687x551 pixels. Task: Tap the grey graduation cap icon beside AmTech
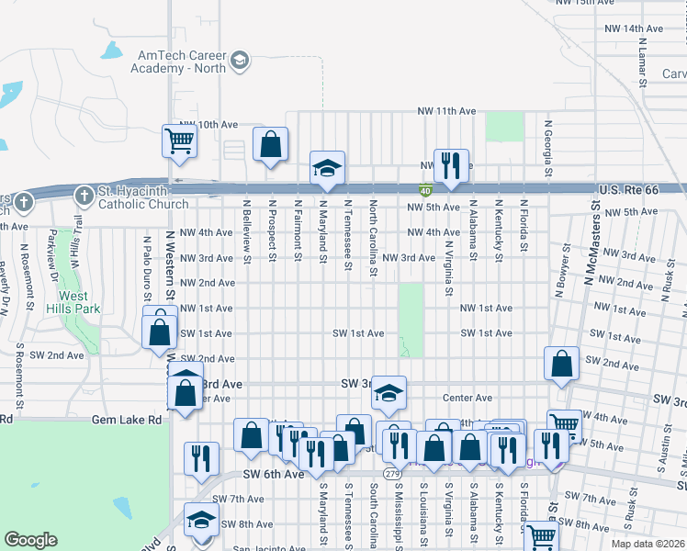pos(239,61)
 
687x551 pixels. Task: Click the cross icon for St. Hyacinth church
pos(84,196)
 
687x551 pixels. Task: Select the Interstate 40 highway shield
pos(426,191)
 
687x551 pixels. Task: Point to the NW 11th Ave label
pos(446,111)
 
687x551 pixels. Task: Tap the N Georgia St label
pos(547,147)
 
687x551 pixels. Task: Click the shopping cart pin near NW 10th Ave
pos(180,141)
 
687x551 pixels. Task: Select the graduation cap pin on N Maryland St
pos(327,168)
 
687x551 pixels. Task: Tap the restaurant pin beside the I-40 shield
pos(450,166)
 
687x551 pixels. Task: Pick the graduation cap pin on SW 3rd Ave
pos(389,393)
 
